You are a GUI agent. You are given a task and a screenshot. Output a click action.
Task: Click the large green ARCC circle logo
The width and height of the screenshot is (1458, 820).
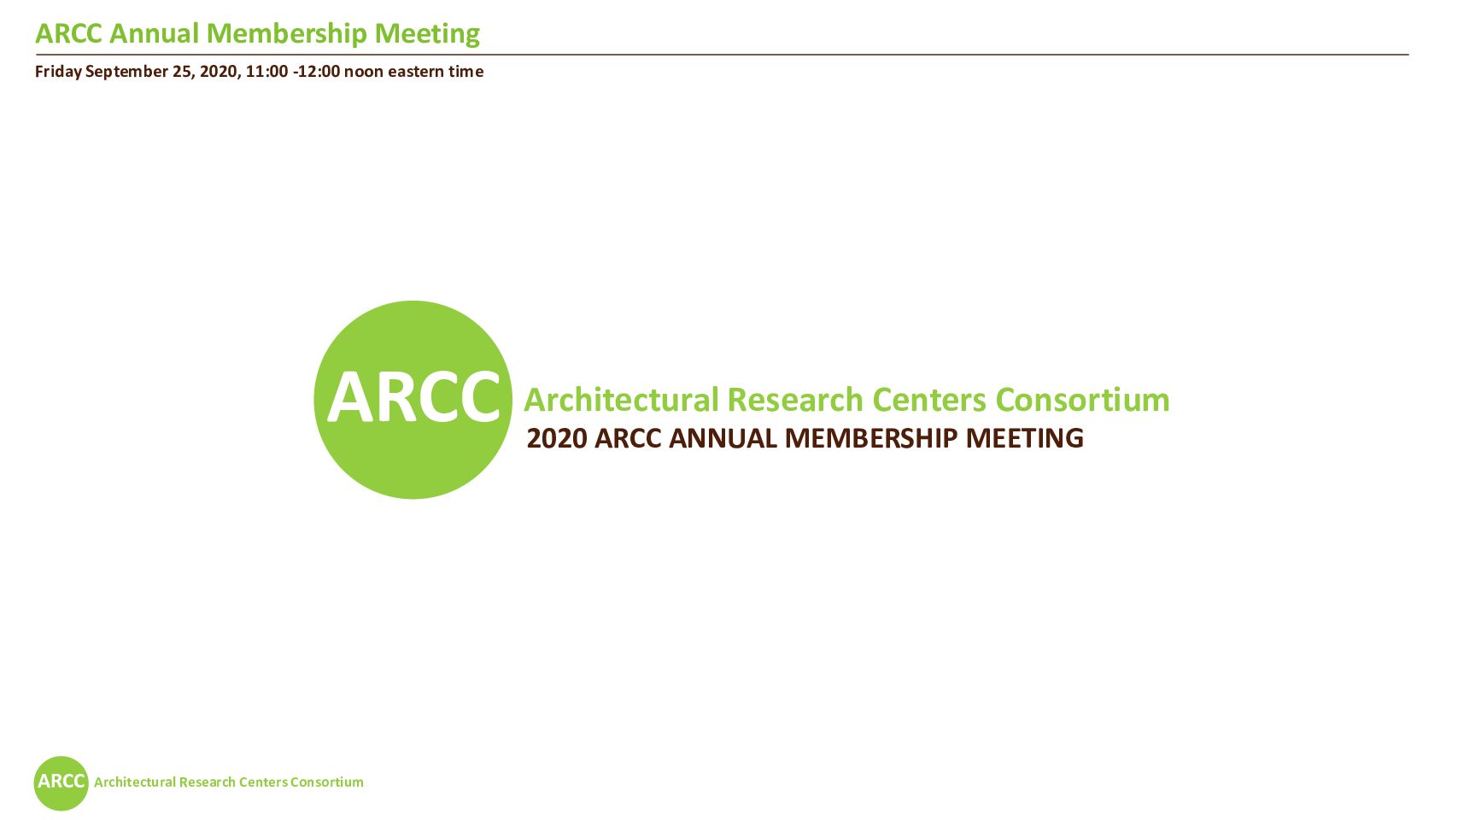(x=413, y=400)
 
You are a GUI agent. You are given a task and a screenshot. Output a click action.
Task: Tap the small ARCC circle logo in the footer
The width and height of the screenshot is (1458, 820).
(x=61, y=783)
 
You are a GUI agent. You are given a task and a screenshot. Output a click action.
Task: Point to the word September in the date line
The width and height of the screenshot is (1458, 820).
(x=127, y=72)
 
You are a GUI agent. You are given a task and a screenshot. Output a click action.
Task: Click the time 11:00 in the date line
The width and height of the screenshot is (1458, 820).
(x=266, y=72)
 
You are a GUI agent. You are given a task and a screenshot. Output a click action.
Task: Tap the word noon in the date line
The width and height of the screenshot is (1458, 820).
(x=364, y=72)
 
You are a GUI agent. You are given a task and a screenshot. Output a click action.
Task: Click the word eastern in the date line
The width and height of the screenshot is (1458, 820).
(x=414, y=72)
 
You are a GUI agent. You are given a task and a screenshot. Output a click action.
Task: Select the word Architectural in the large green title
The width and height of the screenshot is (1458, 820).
(x=622, y=400)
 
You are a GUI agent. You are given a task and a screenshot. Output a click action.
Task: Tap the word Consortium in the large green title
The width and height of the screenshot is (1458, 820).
(x=1083, y=400)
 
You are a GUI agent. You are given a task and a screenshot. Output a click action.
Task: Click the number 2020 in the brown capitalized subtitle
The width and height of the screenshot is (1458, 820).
(x=557, y=439)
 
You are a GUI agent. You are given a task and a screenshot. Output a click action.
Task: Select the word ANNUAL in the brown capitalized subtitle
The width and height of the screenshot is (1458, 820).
(x=723, y=439)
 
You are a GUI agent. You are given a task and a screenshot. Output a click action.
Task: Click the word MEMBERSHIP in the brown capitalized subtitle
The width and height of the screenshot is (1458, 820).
(x=871, y=439)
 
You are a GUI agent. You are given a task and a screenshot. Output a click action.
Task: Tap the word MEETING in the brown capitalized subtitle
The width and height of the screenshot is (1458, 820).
(x=1024, y=439)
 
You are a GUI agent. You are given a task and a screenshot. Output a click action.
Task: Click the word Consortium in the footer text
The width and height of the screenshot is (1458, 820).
(x=327, y=782)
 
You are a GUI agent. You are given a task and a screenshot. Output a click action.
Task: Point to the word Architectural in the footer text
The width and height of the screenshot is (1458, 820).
(x=135, y=782)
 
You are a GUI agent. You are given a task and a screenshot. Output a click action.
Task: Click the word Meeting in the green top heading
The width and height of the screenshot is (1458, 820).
(x=427, y=34)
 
